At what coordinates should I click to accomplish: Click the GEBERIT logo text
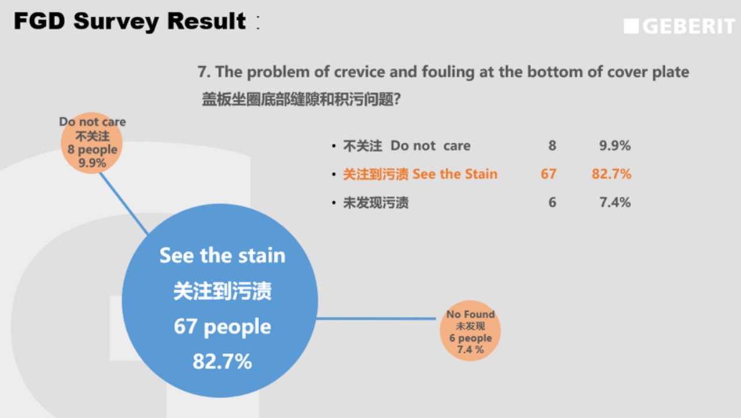[x=689, y=26]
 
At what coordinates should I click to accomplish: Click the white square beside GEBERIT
[x=631, y=26]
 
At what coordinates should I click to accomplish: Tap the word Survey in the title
[x=116, y=22]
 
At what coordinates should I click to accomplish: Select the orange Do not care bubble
[x=92, y=143]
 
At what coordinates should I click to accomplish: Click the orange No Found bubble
[x=470, y=330]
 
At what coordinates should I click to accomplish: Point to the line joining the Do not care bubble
[x=124, y=204]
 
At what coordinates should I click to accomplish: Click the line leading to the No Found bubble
[x=376, y=319]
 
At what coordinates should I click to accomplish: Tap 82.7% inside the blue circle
[x=222, y=361]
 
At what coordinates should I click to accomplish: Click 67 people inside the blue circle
[x=222, y=326]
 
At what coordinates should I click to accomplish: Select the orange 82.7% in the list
[x=611, y=174]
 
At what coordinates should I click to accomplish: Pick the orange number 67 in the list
[x=549, y=174]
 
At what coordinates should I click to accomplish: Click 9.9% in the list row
[x=615, y=145]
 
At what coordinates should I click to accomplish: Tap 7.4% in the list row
[x=615, y=202]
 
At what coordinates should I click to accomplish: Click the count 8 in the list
[x=553, y=145]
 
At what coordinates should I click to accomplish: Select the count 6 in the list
[x=553, y=202]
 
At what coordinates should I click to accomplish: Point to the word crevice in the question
[x=359, y=72]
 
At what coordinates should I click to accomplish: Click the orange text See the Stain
[x=455, y=174]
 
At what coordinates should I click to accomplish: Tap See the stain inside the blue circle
[x=222, y=255]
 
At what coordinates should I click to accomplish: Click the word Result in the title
[x=206, y=21]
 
